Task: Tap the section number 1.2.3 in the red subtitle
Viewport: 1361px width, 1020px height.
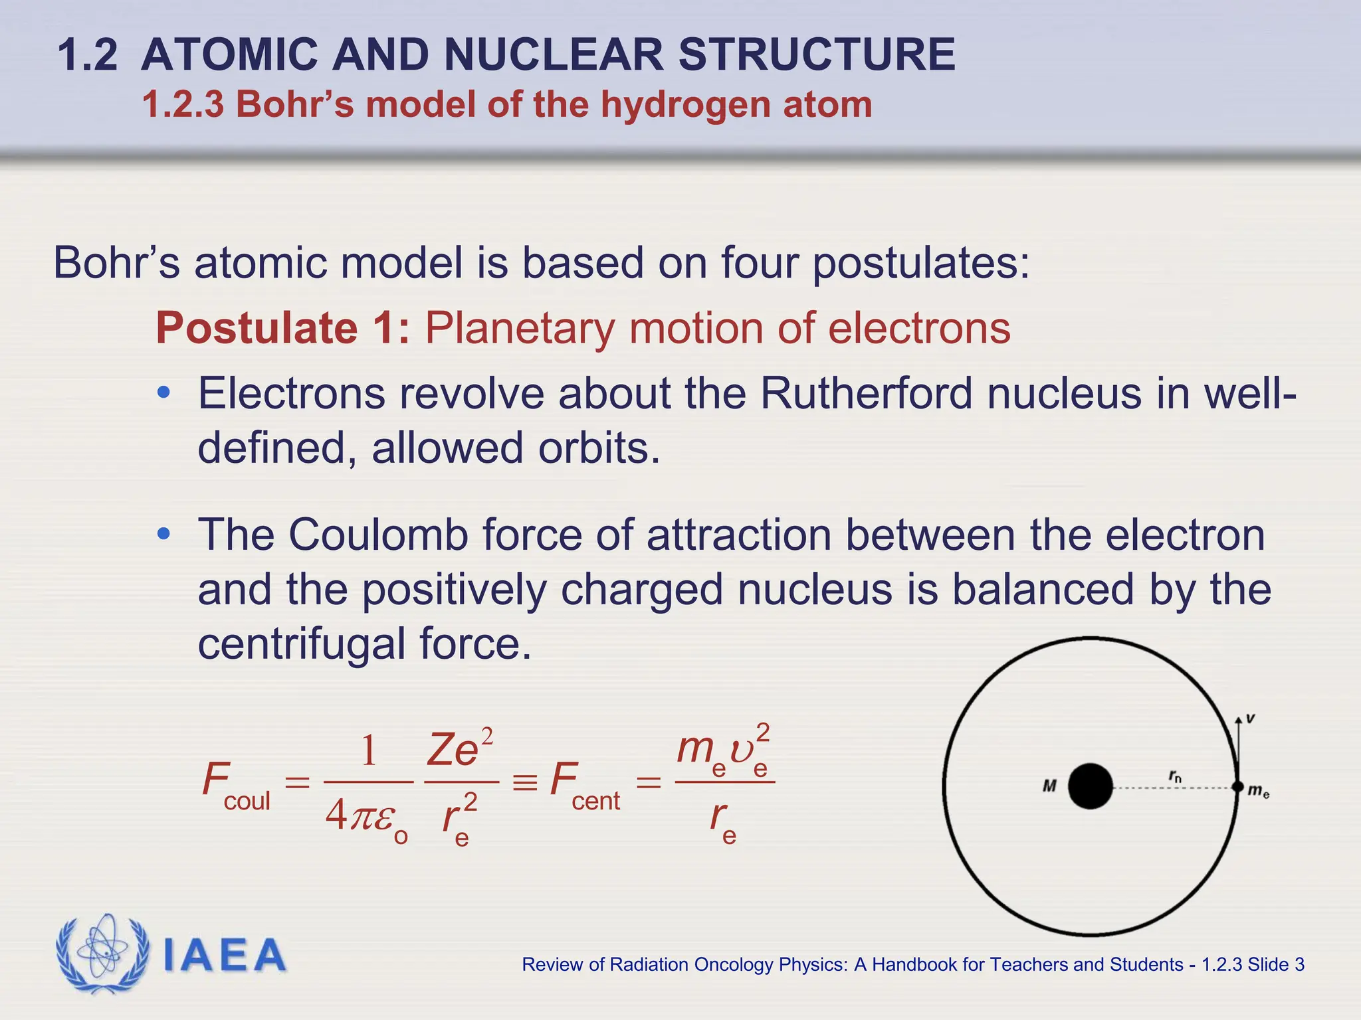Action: pos(183,105)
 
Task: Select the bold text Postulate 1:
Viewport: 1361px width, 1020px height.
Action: pos(283,328)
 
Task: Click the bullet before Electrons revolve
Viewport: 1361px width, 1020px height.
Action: pos(163,393)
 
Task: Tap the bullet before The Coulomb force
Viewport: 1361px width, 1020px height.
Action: pos(163,534)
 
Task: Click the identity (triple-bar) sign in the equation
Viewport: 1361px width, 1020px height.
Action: pos(524,782)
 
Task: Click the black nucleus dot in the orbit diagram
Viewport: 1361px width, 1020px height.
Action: pos(1090,786)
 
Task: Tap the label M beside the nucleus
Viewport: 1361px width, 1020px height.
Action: pos(1049,786)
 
